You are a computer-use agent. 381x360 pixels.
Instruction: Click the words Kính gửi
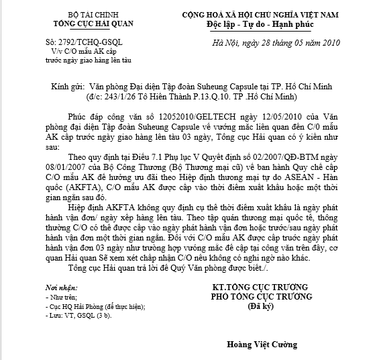67,87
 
